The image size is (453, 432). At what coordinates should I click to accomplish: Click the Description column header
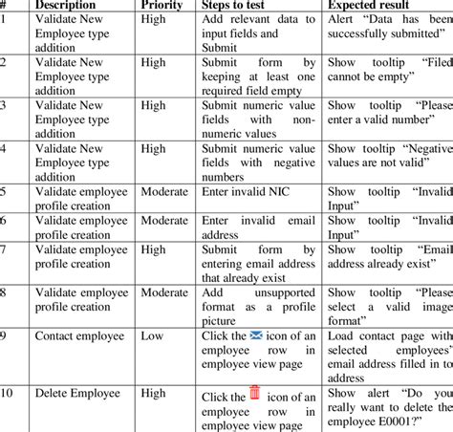(69, 5)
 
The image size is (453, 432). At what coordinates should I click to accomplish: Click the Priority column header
(162, 5)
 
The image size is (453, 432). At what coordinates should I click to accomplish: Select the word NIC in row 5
(276, 191)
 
